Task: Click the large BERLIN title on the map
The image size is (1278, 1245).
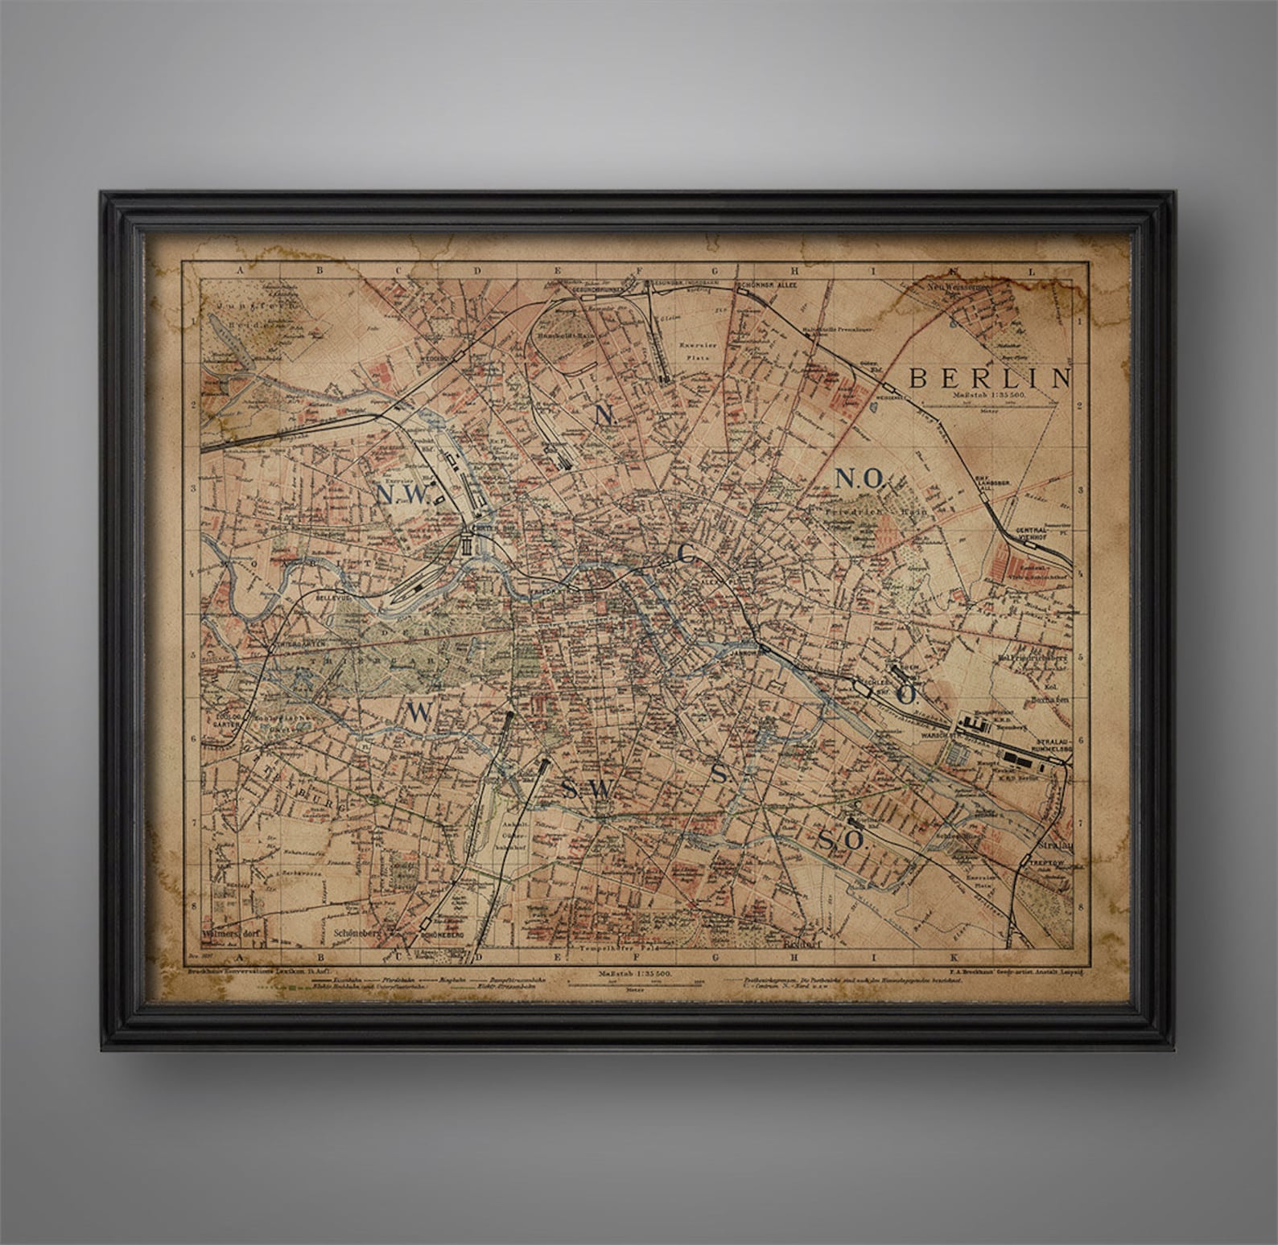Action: (989, 377)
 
